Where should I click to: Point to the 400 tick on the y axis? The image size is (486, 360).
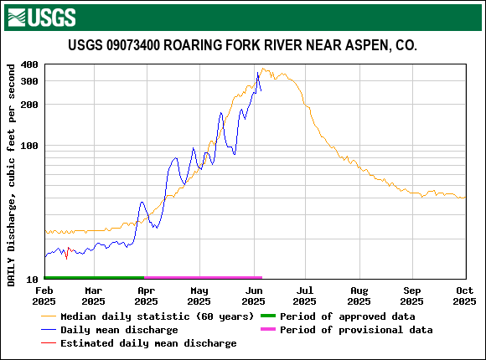pyautogui.click(x=29, y=64)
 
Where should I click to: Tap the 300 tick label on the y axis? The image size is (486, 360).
pyautogui.click(x=29, y=81)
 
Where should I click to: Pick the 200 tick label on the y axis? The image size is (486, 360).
pyautogui.click(x=29, y=105)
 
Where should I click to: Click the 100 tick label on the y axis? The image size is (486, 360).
pyautogui.click(x=29, y=146)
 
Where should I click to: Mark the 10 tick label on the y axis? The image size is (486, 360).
pyautogui.click(x=33, y=279)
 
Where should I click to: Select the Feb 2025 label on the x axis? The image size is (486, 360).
pyautogui.click(x=44, y=296)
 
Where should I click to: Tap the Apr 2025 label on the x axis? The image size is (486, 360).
pyautogui.click(x=146, y=296)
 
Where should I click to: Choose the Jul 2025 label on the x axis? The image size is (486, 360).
pyautogui.click(x=304, y=296)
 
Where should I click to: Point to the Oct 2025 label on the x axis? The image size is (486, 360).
pyautogui.click(x=464, y=296)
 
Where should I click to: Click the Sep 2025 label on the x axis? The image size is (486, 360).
pyautogui.click(x=412, y=296)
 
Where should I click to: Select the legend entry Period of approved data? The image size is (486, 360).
pyautogui.click(x=347, y=316)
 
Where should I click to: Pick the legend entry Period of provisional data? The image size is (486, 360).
pyautogui.click(x=356, y=330)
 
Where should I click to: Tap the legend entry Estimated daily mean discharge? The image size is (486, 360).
pyautogui.click(x=148, y=343)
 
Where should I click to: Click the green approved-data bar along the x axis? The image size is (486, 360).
pyautogui.click(x=94, y=277)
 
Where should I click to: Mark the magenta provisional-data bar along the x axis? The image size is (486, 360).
pyautogui.click(x=204, y=277)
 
